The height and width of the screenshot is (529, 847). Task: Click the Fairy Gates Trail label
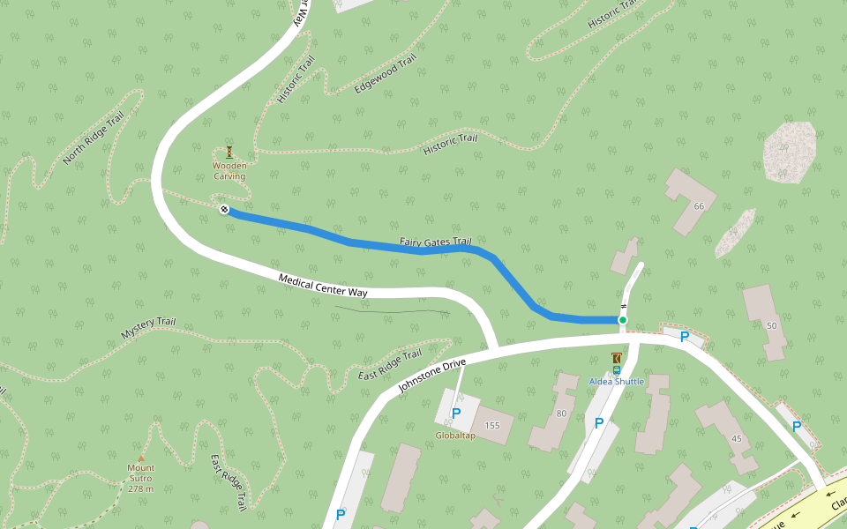436,242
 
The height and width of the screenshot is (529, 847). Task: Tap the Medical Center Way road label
322,285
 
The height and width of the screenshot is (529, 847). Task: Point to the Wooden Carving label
229,171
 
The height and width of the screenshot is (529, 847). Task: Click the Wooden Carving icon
229,152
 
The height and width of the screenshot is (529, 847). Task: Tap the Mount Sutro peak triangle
140,458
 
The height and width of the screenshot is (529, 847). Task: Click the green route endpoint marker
623,319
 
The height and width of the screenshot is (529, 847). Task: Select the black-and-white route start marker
224,209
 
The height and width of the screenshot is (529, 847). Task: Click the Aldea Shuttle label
617,381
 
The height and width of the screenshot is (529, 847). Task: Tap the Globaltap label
455,436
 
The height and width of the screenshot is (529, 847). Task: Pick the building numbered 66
699,206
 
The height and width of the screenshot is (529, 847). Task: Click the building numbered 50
772,326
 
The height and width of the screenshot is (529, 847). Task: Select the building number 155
492,426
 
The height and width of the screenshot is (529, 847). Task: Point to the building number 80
561,414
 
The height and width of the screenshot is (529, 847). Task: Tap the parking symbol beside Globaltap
456,413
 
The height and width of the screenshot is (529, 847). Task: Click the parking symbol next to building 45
797,426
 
